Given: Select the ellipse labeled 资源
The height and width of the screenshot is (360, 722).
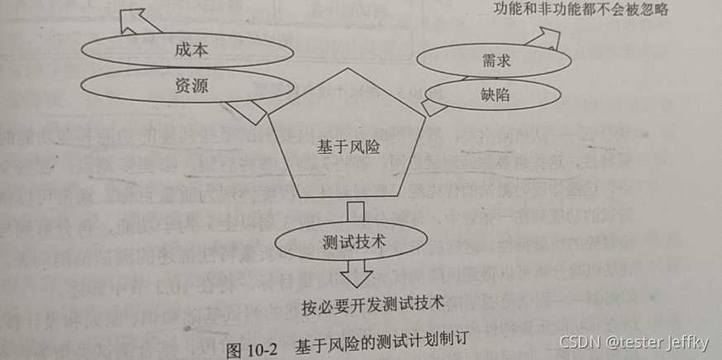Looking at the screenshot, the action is (x=188, y=85).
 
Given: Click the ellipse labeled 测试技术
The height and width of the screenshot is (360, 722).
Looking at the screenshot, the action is (x=356, y=245).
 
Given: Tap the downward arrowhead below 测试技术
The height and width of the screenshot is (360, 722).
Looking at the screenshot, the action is (x=356, y=274).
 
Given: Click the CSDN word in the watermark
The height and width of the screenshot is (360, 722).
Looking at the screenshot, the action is (x=577, y=343).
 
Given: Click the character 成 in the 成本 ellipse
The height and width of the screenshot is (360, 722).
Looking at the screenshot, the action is (x=183, y=50).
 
